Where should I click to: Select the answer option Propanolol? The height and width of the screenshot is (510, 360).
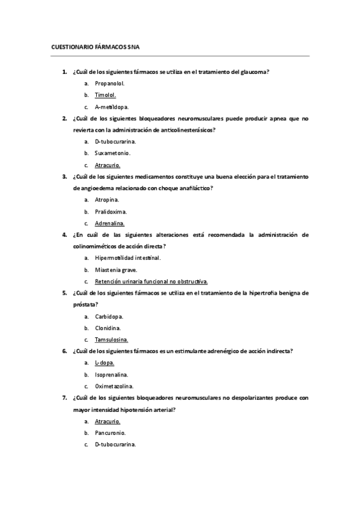pos(109,84)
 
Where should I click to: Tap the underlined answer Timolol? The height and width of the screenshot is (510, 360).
pos(105,95)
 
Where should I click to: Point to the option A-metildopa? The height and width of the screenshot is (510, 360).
pos(112,106)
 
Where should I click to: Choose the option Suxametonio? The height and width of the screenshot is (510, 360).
pos(112,153)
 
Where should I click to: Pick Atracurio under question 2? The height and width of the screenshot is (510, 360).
pos(108,165)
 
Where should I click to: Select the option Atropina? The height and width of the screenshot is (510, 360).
pos(107,200)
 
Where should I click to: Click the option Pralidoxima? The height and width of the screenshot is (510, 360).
pos(111,211)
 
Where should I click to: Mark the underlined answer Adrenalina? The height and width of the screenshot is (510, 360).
pos(109,223)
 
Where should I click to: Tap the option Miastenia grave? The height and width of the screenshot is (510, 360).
pos(115,269)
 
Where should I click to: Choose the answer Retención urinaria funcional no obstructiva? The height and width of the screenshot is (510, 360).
pos(151,281)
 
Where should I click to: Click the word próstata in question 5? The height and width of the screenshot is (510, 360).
pos(84,304)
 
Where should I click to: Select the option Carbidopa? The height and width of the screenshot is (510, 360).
pos(108,316)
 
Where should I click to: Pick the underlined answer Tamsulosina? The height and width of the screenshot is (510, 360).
pos(111,339)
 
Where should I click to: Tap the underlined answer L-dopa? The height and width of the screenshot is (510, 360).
pos(105,363)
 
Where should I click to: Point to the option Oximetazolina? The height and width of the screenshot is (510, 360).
pos(114,386)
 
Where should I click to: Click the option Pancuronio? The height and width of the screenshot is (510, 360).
pos(110,432)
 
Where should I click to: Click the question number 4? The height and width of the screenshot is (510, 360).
pos(64,235)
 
